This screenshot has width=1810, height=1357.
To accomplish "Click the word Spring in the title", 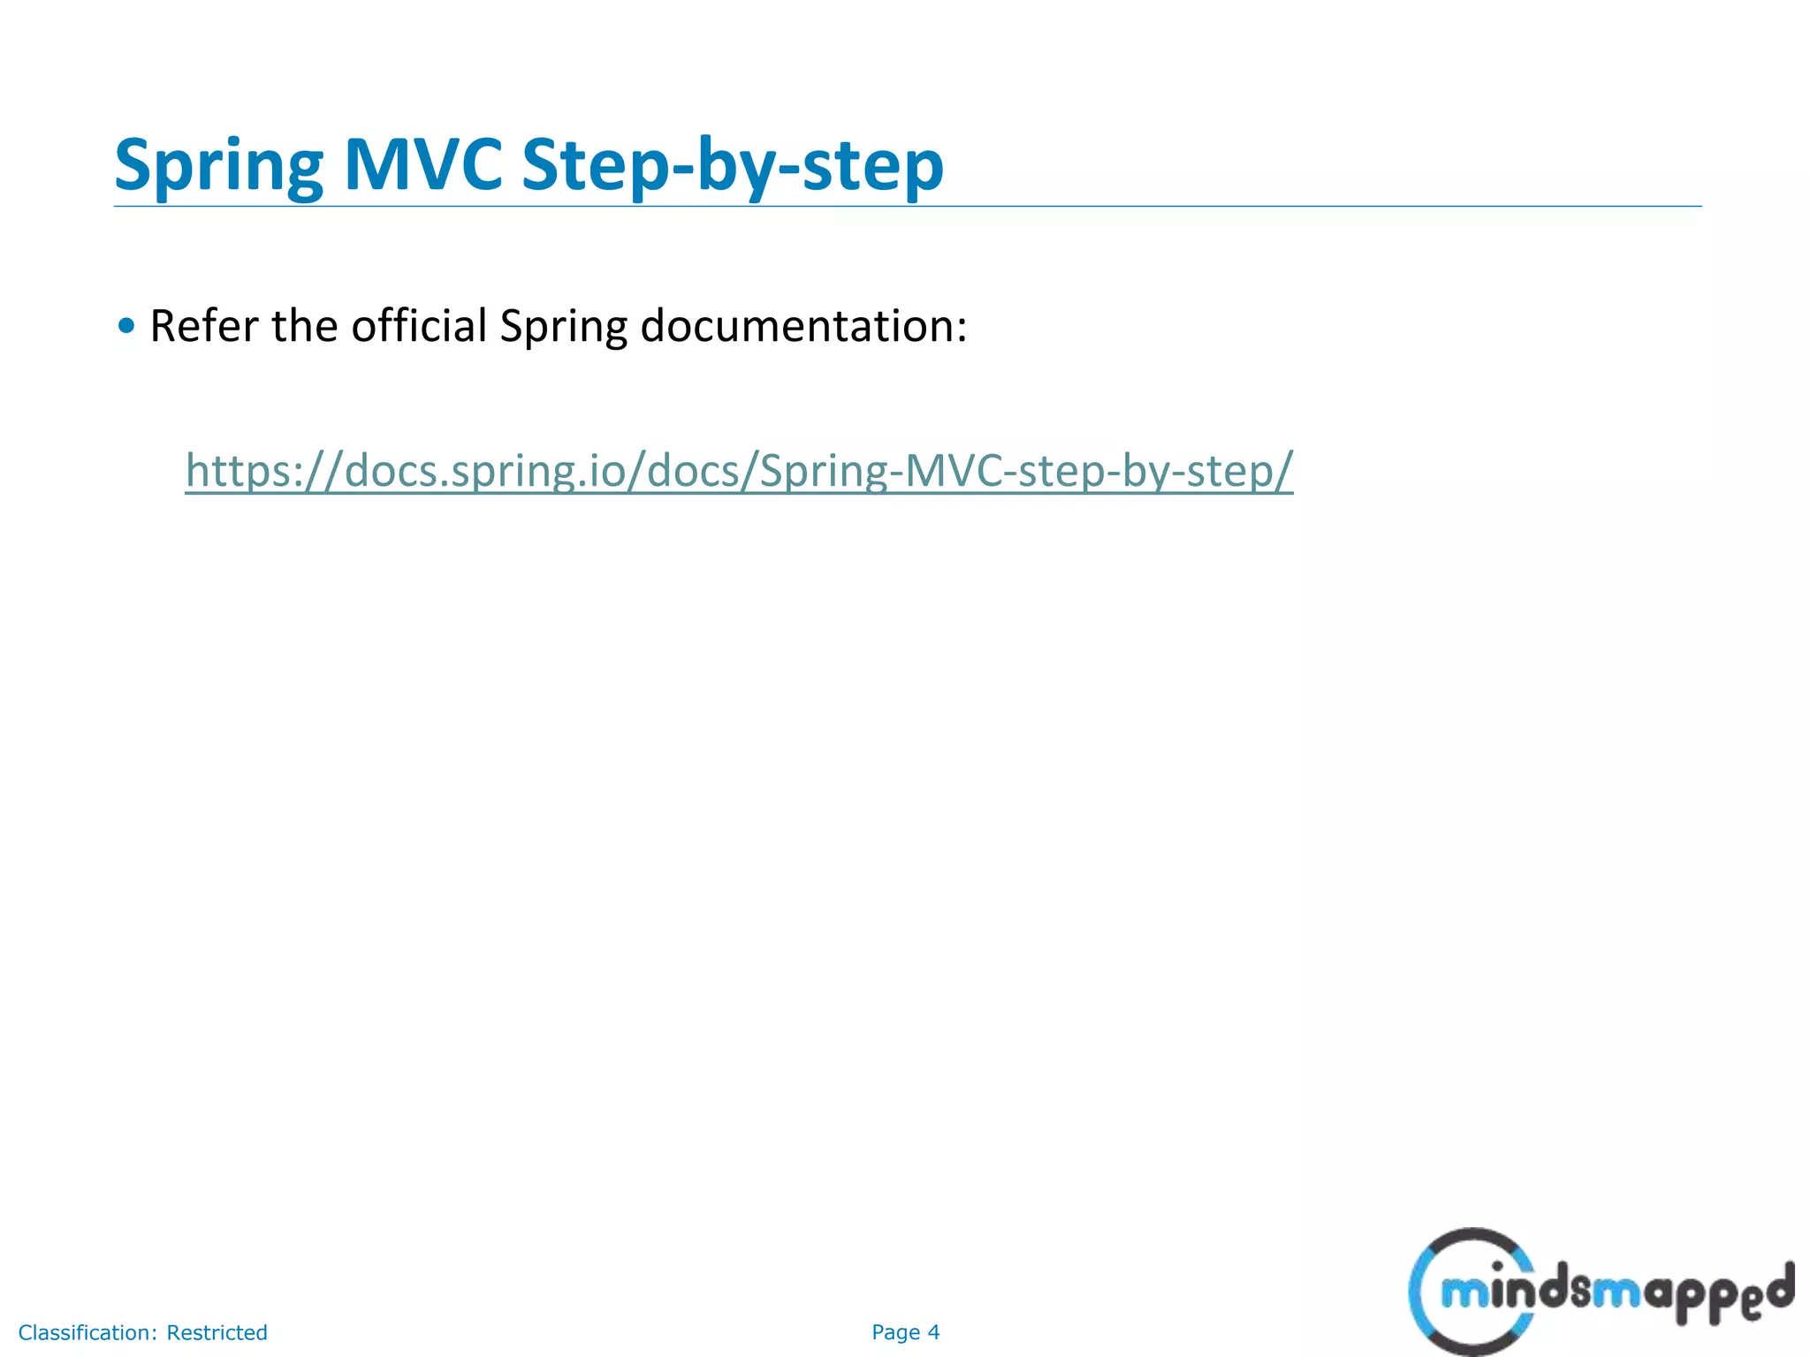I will click(x=219, y=166).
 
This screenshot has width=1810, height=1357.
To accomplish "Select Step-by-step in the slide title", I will click(x=733, y=166).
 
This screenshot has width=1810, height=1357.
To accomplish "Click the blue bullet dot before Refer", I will click(x=126, y=326).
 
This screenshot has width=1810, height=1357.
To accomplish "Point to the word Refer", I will click(x=204, y=326).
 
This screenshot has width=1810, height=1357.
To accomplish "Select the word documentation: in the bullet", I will click(x=803, y=326).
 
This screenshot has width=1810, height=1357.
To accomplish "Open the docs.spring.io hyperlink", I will click(x=739, y=470).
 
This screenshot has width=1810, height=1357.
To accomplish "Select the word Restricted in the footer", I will click(x=217, y=1332).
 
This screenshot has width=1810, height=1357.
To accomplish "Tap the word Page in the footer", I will click(x=895, y=1332).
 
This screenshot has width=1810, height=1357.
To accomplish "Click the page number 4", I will click(x=933, y=1332).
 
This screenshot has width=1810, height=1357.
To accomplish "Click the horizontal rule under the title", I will click(x=907, y=206).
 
